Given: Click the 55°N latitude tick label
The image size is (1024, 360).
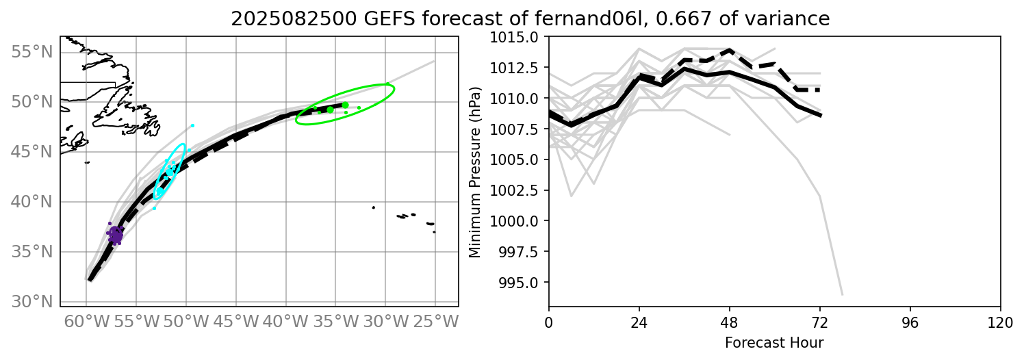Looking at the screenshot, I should click(x=32, y=52).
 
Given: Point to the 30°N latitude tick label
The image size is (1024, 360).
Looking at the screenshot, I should click(x=32, y=302).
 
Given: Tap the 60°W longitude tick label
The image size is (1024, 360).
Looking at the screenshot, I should click(x=86, y=320).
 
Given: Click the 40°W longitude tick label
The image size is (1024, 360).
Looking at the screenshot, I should click(x=285, y=320).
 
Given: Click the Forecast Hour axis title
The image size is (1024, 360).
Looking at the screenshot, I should click(x=774, y=342).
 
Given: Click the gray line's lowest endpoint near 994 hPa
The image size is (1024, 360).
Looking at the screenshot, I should click(x=841, y=294).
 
